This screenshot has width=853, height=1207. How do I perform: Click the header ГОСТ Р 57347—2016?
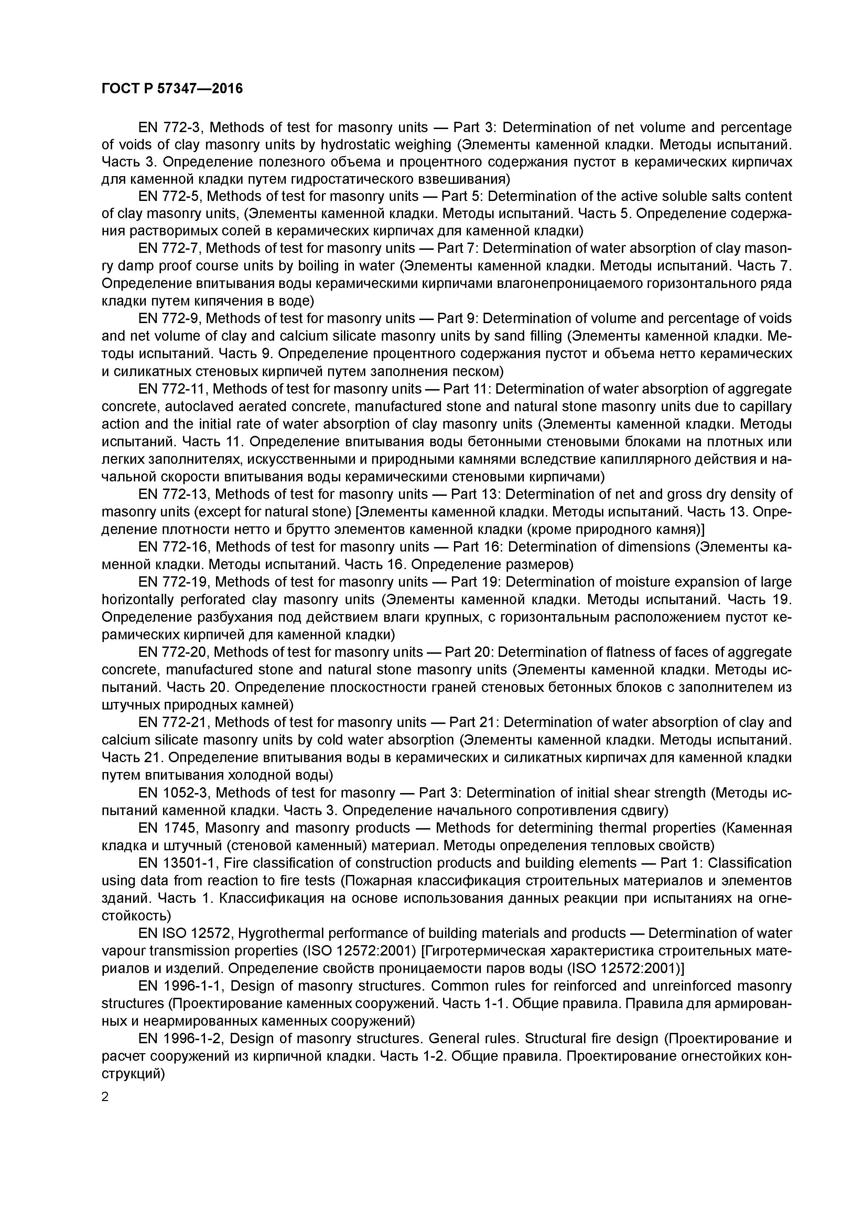click(172, 89)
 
